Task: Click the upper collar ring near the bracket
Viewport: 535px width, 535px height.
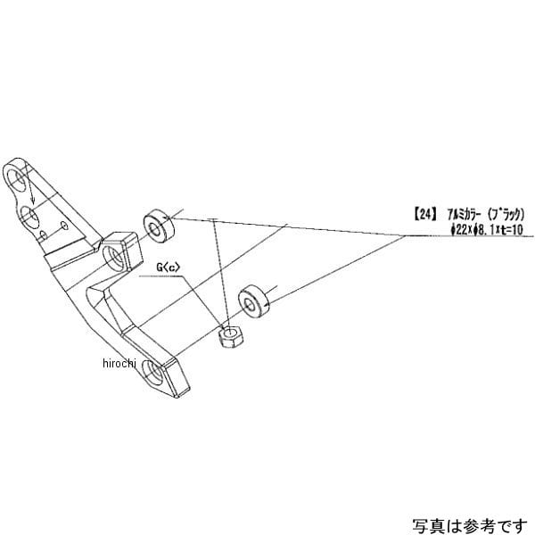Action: tap(158, 226)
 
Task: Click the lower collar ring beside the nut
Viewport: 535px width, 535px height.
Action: tap(256, 301)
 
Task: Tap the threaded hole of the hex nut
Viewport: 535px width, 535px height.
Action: tap(230, 336)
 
